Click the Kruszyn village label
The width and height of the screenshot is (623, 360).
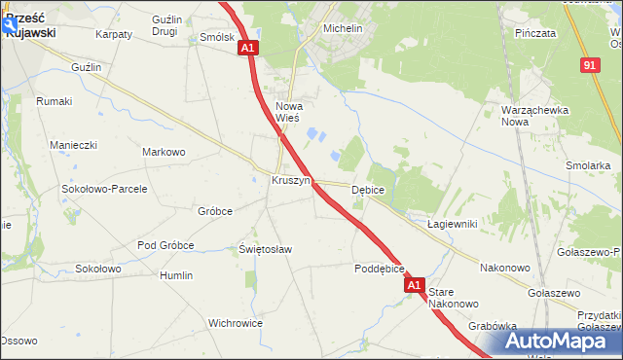pyautogui.click(x=290, y=181)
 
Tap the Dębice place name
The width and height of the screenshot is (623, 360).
pyautogui.click(x=368, y=190)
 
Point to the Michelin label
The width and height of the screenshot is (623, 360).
pyautogui.click(x=343, y=29)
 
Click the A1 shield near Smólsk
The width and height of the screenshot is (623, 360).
pyautogui.click(x=248, y=48)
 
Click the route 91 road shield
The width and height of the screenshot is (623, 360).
pyautogui.click(x=590, y=64)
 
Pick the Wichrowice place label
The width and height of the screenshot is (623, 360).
pyautogui.click(x=237, y=322)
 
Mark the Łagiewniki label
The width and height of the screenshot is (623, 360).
pyautogui.click(x=452, y=224)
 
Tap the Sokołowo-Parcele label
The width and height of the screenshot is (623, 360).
pyautogui.click(x=104, y=189)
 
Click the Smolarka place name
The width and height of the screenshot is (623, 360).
pyautogui.click(x=587, y=165)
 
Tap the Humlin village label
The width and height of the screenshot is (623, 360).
pyautogui.click(x=176, y=275)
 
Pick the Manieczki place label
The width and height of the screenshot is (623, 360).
pyautogui.click(x=74, y=145)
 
